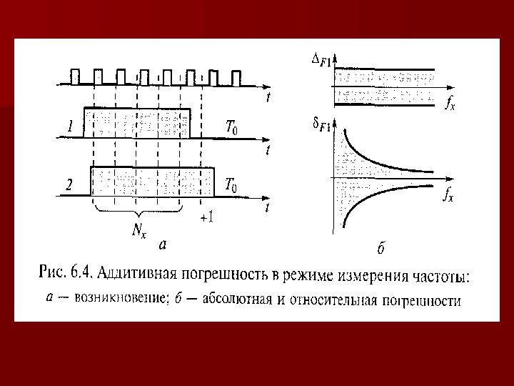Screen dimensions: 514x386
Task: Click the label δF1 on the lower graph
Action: coord(322,126)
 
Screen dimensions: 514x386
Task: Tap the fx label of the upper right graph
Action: coord(449,105)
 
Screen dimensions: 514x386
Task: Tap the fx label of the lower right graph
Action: coord(448,194)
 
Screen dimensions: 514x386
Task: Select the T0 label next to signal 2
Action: coord(232,185)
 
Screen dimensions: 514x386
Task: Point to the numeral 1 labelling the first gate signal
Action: coord(70,128)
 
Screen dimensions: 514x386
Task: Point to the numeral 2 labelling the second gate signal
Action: coord(69,184)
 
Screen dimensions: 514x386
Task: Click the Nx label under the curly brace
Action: coord(140,230)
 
